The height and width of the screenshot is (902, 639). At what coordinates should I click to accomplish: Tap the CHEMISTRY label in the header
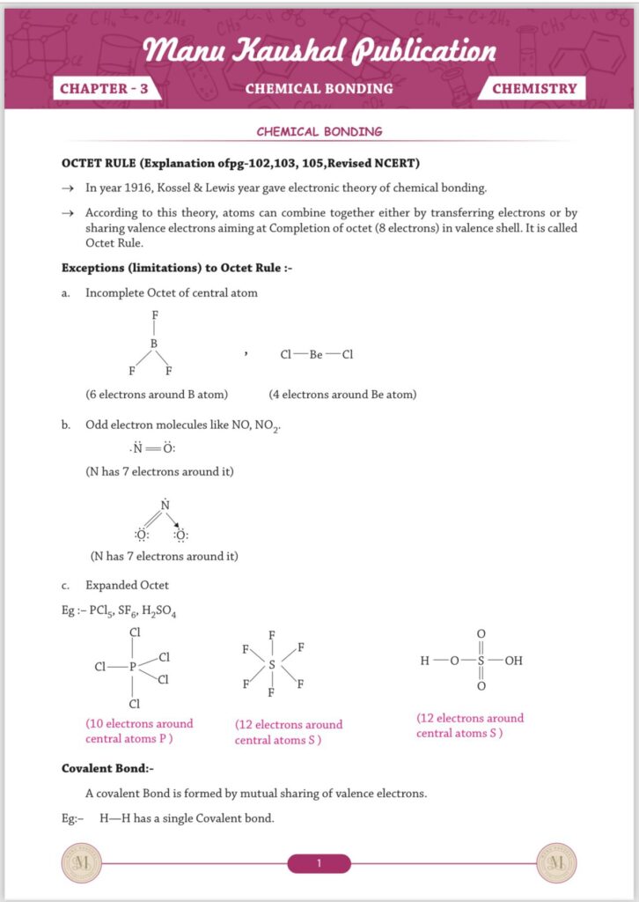[534, 88]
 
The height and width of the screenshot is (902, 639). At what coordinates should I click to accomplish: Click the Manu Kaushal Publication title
[319, 50]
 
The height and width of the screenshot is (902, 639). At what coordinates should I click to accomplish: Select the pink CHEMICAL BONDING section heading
[319, 131]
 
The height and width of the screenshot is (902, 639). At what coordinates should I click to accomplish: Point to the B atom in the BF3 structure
[153, 344]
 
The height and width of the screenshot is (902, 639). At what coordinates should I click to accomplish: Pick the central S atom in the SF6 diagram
[272, 666]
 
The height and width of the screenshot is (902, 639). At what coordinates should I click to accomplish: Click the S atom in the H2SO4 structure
[481, 659]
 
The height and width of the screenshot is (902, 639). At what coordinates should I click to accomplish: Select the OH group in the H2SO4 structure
[514, 659]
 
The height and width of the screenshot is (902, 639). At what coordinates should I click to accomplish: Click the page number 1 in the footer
[319, 863]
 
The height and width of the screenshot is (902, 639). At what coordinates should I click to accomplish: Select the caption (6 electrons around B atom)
[157, 395]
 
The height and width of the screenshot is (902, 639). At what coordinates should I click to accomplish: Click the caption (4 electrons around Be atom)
[342, 395]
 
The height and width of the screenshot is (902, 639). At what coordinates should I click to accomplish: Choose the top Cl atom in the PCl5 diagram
[135, 632]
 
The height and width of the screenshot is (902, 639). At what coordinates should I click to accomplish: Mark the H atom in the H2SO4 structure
[425, 659]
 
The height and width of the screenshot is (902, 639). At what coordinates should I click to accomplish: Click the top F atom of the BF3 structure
[155, 314]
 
